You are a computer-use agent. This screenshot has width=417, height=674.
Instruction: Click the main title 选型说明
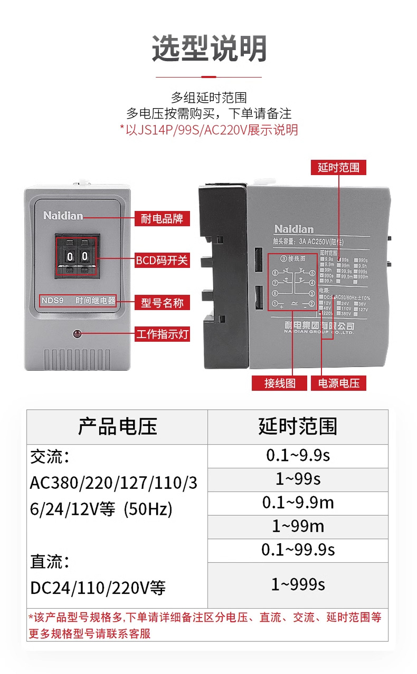coord(209,49)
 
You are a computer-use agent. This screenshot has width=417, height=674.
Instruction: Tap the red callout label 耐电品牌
coord(162,218)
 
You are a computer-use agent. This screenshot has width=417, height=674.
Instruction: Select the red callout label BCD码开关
coord(162,261)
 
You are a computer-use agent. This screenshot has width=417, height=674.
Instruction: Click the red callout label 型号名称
coord(162,303)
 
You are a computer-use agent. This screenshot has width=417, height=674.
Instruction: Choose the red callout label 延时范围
coord(338,168)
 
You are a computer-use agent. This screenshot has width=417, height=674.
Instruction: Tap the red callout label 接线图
coord(280,383)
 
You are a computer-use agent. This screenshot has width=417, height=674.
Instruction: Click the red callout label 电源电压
coord(338,383)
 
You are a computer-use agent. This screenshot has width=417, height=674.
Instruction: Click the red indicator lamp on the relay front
coord(77,333)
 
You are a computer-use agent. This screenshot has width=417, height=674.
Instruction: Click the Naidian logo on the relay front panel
coord(63,216)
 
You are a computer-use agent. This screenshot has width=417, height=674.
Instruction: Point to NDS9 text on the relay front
coord(53,301)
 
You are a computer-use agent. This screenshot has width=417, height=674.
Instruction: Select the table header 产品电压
coord(117,426)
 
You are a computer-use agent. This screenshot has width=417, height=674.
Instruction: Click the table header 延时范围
coord(298,426)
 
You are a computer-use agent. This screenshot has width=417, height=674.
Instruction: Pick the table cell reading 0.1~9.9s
coord(298,456)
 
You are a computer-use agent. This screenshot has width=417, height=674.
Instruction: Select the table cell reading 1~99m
coord(298,526)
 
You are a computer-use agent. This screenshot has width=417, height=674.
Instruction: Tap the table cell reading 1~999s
coord(298,584)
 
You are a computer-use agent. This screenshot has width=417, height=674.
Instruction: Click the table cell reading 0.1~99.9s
coord(298,550)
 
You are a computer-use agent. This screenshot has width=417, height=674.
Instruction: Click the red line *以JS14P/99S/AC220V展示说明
coord(209,130)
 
